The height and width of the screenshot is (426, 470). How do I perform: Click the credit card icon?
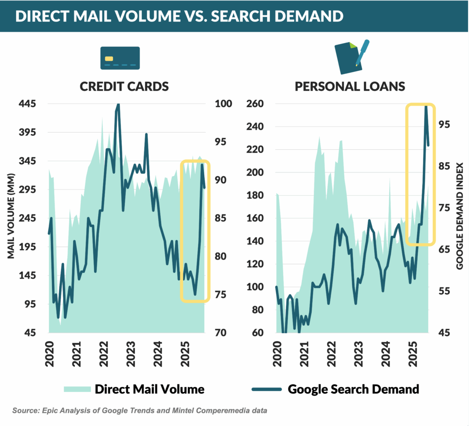[120, 58]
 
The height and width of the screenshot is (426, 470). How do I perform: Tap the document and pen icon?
[352, 57]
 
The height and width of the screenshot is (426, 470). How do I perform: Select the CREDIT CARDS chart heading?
[124, 86]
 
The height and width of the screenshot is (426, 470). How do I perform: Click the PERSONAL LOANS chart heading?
[350, 86]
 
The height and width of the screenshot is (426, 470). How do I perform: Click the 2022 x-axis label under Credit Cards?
[104, 353]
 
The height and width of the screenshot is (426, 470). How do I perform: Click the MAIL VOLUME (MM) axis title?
[11, 216]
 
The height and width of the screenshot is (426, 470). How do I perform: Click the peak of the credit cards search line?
[117, 105]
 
